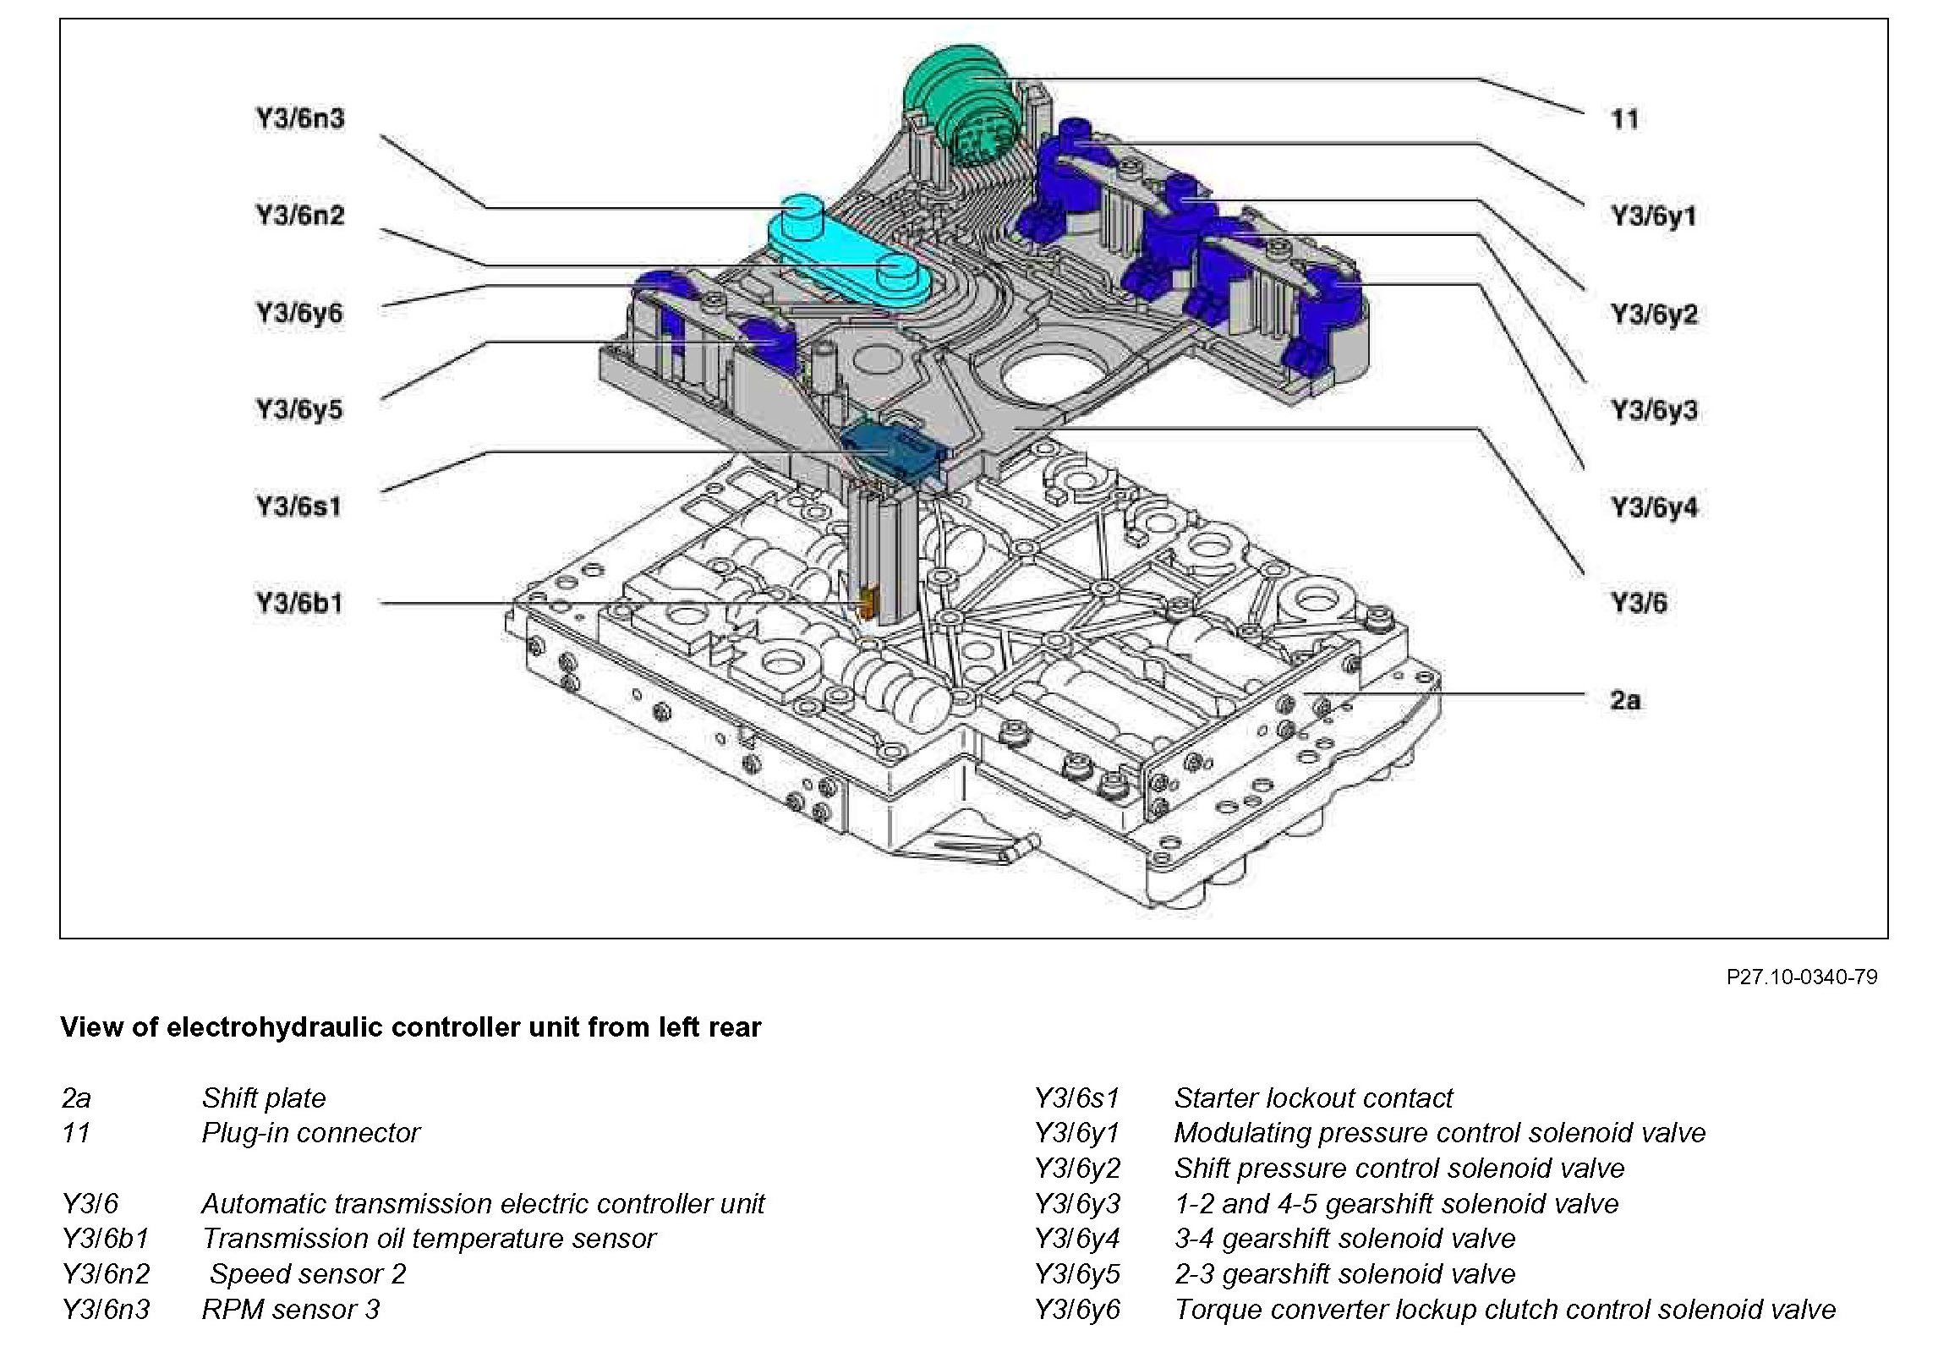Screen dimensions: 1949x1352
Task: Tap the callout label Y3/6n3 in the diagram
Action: point(300,118)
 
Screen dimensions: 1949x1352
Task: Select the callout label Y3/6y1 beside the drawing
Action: point(1654,216)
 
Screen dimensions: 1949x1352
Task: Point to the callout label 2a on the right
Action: point(1625,701)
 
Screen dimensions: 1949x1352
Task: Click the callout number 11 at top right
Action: point(1624,118)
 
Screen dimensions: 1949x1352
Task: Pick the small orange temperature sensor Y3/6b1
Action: point(866,603)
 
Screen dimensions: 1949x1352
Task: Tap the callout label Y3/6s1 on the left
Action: point(299,506)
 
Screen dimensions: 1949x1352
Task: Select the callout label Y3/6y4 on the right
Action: point(1654,507)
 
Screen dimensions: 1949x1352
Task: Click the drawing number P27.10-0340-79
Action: point(1802,977)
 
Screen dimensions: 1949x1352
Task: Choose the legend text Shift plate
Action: point(264,1097)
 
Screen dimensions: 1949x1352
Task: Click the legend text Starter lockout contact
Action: point(1313,1097)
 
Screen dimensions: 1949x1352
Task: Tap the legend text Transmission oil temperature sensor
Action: point(429,1239)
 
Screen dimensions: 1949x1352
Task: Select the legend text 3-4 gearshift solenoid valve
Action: point(1344,1239)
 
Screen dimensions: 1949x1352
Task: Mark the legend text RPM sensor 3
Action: point(291,1310)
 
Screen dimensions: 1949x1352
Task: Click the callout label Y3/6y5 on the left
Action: point(299,410)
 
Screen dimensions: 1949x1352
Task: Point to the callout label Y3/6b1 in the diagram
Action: point(299,603)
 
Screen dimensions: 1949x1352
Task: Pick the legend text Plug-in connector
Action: point(311,1134)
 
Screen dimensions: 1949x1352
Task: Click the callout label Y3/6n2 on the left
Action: point(300,215)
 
